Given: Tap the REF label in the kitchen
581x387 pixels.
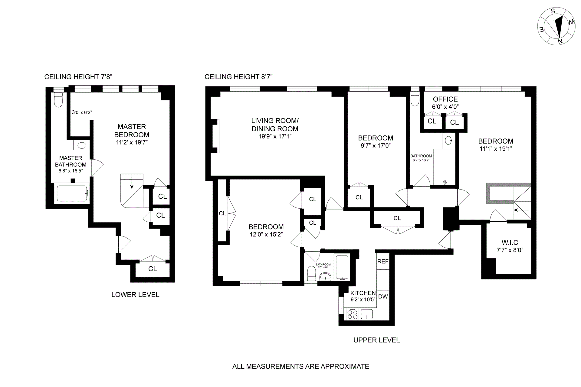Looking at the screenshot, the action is coord(383,262).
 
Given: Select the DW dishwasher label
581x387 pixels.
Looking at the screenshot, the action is coord(383,297).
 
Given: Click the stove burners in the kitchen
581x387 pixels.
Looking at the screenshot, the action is coord(352,314).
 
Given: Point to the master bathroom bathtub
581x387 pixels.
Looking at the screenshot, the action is coord(73,193).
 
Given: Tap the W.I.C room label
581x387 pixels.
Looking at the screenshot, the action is coord(510,242).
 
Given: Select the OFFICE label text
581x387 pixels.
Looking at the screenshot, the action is coord(445,99).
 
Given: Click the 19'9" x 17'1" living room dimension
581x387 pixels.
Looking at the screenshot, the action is coord(275,136).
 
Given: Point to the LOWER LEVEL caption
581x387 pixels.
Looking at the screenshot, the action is coord(135,295).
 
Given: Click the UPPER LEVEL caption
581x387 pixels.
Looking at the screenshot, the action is coord(376,340).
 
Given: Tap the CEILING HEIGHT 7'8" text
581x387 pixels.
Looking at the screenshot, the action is coord(78,77).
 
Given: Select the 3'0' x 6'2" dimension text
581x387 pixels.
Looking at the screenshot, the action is coord(82,112).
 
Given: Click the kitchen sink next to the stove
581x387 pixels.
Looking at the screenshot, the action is coord(367,314).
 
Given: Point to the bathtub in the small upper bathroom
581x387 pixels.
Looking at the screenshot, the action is coord(342,268).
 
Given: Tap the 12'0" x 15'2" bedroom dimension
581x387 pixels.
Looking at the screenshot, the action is coord(266,234).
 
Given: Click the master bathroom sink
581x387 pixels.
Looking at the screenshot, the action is coord(82,145).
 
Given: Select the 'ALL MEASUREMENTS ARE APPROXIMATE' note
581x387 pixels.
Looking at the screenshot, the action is coord(300,366).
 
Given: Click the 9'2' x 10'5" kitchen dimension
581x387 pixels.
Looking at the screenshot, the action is coord(363,300).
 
